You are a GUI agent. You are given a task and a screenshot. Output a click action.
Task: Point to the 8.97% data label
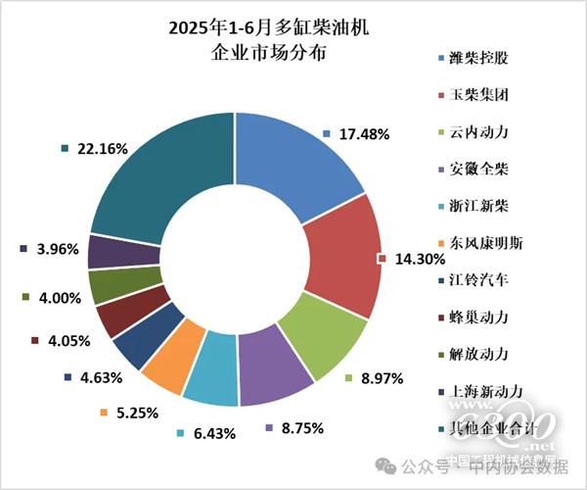point(381,378)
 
